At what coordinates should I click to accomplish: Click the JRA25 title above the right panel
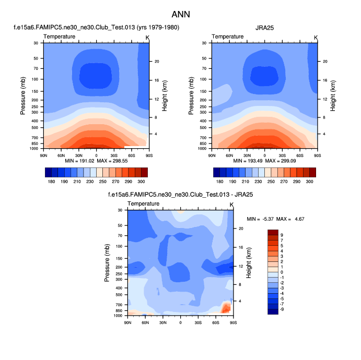click(x=264, y=28)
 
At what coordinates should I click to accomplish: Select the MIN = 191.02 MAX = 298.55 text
click(x=96, y=162)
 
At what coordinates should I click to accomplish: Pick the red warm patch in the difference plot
click(x=226, y=307)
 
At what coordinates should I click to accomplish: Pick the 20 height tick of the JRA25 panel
click(x=325, y=62)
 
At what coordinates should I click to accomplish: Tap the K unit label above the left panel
click(x=147, y=37)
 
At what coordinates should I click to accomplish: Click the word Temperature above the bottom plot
click(x=144, y=203)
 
